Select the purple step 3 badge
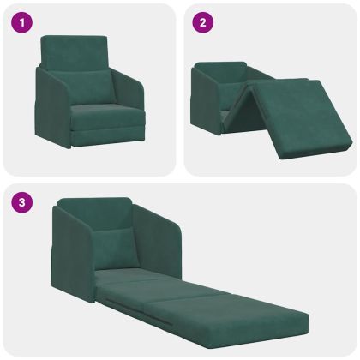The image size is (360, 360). [x=21, y=203]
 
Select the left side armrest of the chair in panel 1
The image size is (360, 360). [x=51, y=107]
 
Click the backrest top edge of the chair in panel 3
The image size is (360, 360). [x=94, y=203]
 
